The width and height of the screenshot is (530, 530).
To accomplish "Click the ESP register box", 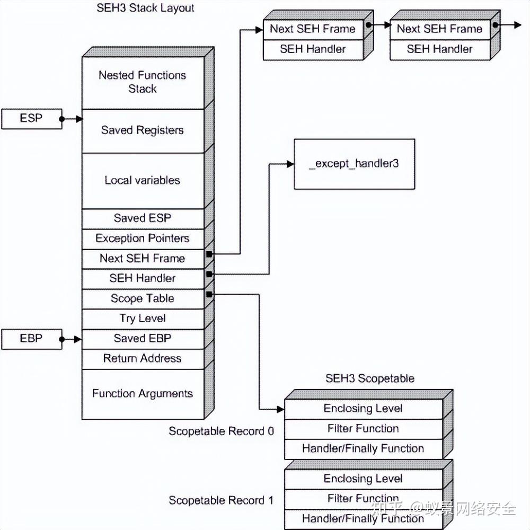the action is coord(32,119).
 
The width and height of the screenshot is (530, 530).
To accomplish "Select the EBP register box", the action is coord(32,339).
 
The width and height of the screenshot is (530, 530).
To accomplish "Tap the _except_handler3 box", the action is coord(355,164).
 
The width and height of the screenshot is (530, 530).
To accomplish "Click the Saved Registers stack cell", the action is coord(143,131).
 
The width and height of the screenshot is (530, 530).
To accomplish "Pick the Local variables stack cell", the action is coord(143,181).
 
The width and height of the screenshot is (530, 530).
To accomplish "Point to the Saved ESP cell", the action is coord(143,219).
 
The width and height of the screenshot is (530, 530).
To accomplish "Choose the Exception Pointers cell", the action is coord(143,240).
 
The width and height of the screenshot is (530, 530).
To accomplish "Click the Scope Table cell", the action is coord(143,299).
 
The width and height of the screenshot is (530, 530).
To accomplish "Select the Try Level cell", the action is coord(143,319).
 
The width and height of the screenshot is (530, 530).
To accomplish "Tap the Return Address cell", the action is coord(143,359).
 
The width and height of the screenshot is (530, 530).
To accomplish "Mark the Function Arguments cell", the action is coord(143,394).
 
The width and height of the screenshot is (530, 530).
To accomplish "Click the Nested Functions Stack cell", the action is coord(143,83).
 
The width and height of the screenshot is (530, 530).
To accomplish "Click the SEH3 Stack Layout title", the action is coord(145,8).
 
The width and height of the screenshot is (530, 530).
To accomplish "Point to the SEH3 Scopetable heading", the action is coord(370,378).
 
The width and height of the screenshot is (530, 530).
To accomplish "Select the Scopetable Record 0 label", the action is coord(221,431).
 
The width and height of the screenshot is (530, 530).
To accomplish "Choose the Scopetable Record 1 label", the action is coord(221,500).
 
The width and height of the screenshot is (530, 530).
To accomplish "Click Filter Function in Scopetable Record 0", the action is coord(364,429).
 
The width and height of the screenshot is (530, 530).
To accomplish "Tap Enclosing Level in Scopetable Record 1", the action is coord(364,479).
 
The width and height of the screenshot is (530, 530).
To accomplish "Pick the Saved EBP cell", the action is coord(143,339).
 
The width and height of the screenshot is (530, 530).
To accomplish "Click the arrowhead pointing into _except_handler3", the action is coord(290,164).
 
